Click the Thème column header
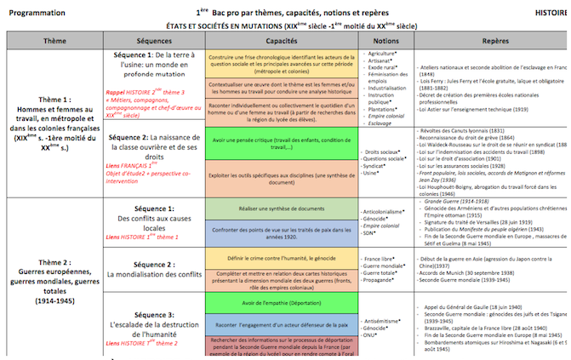[55, 40]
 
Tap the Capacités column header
[280, 40]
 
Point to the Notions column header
[385, 40]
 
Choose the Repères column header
[494, 40]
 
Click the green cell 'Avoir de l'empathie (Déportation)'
[280, 302]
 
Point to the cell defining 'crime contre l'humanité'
[280, 258]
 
